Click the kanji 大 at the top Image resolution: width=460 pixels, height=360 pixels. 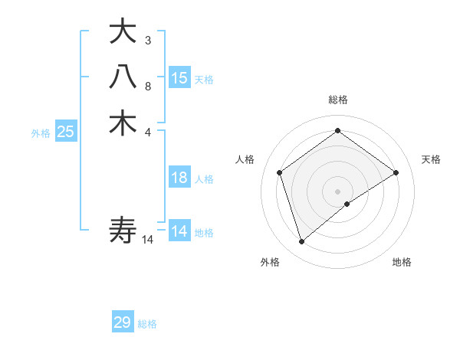[123, 32]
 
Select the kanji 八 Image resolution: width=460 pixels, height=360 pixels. [123, 77]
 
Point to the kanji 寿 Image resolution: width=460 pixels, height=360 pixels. [123, 229]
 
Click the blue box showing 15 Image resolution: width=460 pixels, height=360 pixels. [179, 77]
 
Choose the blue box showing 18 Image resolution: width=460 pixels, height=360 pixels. [179, 178]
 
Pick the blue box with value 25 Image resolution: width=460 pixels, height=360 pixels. [65, 132]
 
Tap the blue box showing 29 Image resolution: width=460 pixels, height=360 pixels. [123, 322]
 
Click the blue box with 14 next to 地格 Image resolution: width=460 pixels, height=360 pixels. [179, 231]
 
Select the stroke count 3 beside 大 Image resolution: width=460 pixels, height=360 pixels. [148, 40]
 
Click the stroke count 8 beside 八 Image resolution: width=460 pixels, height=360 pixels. [148, 86]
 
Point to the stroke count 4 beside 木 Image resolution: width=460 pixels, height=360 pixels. [148, 131]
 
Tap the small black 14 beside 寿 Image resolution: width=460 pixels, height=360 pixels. [148, 240]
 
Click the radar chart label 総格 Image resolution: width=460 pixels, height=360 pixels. [338, 100]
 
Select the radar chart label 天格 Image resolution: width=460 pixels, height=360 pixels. [431, 159]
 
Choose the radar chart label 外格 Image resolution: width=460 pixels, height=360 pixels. [270, 262]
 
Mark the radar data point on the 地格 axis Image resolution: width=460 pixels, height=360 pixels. [347, 204]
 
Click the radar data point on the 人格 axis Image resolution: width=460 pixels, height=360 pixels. [280, 172]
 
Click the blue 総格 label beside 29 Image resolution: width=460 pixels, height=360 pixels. [147, 324]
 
